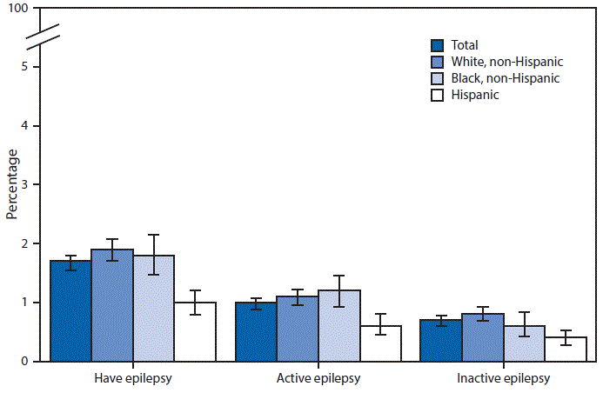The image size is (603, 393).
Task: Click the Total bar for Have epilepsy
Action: tap(70, 310)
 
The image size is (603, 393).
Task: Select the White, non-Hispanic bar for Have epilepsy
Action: tap(111, 305)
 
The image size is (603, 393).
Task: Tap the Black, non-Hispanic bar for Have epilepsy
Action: tap(153, 308)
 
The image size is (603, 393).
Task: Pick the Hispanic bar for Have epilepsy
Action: tap(195, 331)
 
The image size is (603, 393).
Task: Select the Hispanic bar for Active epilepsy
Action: tap(380, 343)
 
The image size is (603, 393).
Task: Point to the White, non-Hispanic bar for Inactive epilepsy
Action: tap(482, 337)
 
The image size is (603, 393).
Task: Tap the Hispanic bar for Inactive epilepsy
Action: tap(566, 349)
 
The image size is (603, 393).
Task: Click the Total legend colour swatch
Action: tap(439, 45)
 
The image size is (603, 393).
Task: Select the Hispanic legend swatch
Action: tap(439, 95)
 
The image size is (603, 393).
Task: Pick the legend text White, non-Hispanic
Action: tap(507, 62)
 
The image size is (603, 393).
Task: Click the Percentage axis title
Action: tap(11, 184)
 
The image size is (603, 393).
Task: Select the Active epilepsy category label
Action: tap(318, 379)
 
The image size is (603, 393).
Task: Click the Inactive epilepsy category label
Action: tap(503, 379)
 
